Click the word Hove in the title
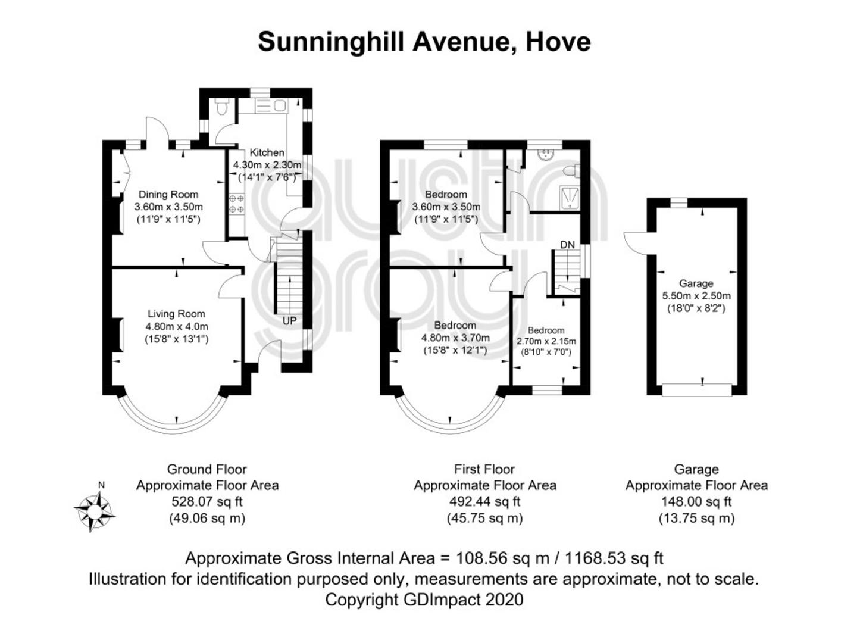[x=558, y=42]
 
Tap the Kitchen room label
[x=267, y=152]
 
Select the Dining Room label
[x=168, y=194]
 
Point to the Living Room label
[x=176, y=314]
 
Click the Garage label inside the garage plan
[x=696, y=283]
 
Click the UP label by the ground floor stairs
[x=289, y=321]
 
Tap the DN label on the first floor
[x=567, y=245]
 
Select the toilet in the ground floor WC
[x=222, y=106]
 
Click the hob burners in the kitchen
[x=237, y=204]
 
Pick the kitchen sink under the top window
[x=271, y=106]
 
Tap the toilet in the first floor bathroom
[x=571, y=171]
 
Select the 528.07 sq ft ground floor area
[x=207, y=502]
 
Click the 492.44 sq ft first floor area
[x=484, y=502]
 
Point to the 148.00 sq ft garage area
[x=696, y=502]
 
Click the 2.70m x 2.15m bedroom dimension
[x=546, y=341]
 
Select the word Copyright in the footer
[x=362, y=600]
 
